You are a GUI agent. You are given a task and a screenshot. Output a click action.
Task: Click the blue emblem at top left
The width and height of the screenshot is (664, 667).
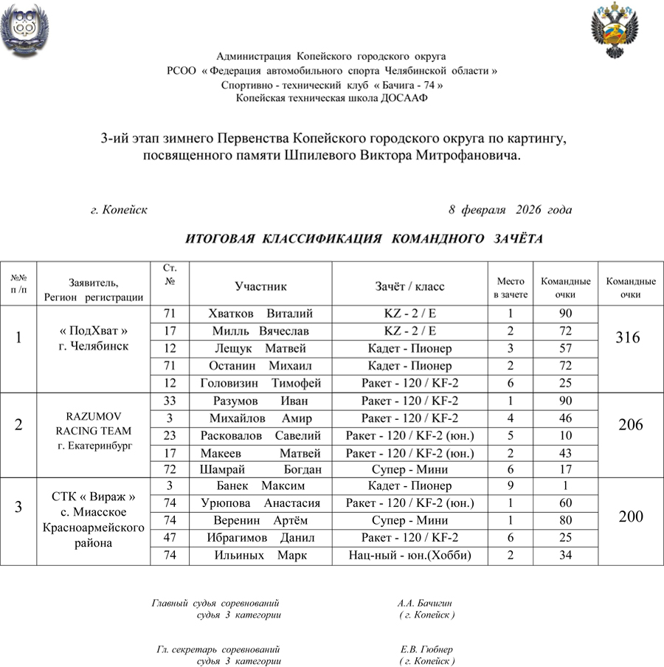(x=26, y=30)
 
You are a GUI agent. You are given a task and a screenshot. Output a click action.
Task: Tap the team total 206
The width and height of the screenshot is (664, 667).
(x=630, y=424)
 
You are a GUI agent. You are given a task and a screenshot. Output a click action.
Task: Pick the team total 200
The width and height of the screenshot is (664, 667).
(x=630, y=516)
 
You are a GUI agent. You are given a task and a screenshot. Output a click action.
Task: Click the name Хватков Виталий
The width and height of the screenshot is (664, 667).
(x=260, y=314)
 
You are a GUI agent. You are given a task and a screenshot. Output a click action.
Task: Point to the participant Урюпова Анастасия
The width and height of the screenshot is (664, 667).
(x=260, y=503)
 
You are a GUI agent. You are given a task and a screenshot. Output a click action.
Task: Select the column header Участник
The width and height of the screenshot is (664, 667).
(x=260, y=286)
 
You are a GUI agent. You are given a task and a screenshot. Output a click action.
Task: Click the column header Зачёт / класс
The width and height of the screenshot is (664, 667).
(x=409, y=286)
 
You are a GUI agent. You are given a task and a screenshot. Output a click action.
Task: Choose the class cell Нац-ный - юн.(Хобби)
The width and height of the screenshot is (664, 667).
(x=409, y=555)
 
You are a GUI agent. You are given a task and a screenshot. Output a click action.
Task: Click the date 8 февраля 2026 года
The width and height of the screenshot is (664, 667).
(x=510, y=210)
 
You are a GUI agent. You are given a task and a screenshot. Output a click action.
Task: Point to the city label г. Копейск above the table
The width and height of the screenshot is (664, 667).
(x=119, y=210)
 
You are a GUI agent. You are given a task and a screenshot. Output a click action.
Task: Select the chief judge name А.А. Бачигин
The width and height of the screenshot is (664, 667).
(x=424, y=604)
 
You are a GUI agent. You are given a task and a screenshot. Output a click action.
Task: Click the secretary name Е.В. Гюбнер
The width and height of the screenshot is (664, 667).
(x=426, y=649)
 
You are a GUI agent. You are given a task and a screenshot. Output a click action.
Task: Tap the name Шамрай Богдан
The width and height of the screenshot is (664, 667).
(x=260, y=469)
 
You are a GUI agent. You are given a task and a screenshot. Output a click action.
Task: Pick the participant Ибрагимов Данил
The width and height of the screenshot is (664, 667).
(x=260, y=538)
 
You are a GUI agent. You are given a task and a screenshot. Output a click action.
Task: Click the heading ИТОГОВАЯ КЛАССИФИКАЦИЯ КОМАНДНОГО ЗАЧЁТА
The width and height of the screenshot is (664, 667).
(x=364, y=239)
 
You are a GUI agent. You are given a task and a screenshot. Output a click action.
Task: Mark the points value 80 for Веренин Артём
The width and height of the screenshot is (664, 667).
(x=565, y=520)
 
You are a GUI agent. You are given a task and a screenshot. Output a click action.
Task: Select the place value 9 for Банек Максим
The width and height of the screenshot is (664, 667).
(x=511, y=486)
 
